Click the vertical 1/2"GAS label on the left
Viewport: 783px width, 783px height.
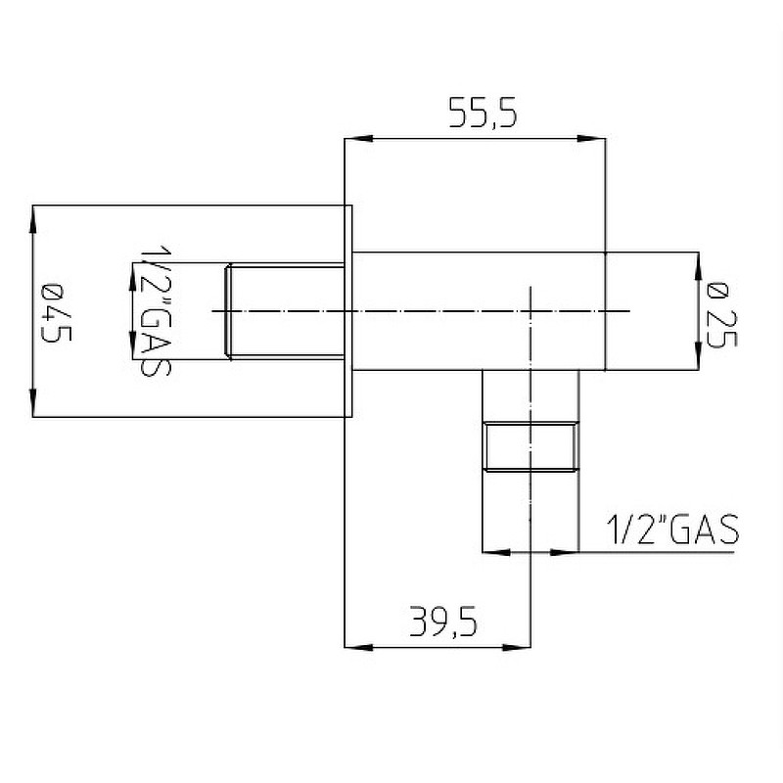pyautogui.click(x=152, y=310)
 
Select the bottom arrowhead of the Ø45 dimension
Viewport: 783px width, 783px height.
pyautogui.click(x=34, y=403)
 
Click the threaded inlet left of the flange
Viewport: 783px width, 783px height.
pyautogui.click(x=286, y=311)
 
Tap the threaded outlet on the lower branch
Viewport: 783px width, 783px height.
pyautogui.click(x=530, y=446)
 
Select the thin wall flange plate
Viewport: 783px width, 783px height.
pyautogui.click(x=347, y=311)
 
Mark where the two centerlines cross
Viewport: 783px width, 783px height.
pyautogui.click(x=530, y=311)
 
